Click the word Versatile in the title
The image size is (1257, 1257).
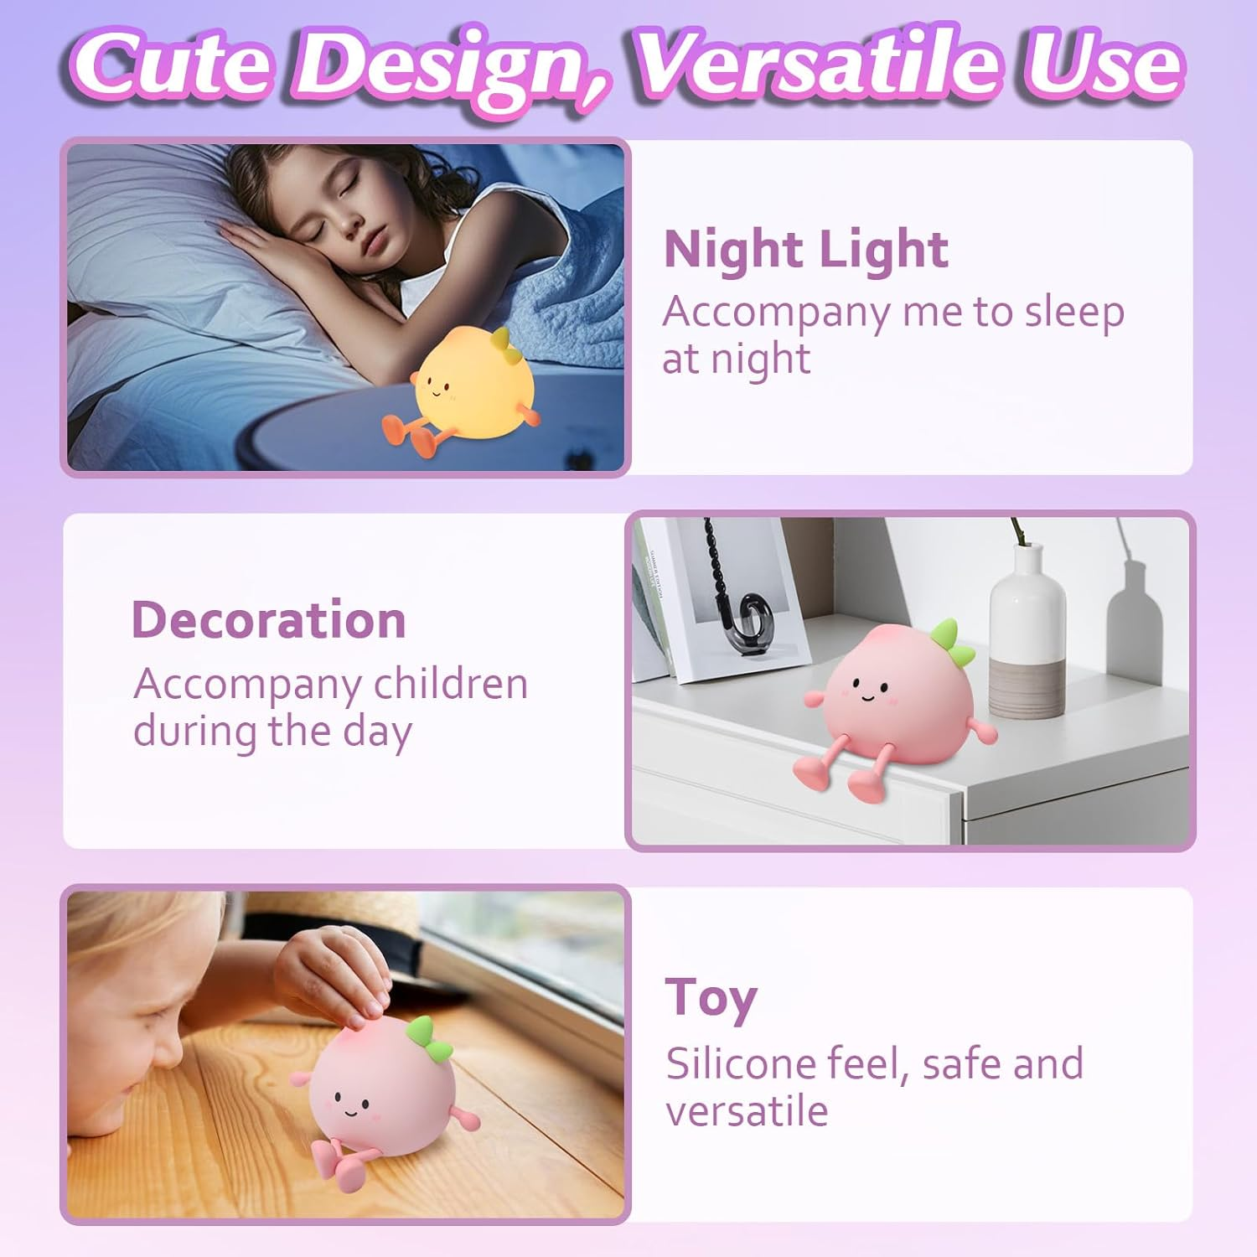click(821, 65)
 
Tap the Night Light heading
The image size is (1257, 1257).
click(805, 249)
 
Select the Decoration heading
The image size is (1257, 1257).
click(268, 620)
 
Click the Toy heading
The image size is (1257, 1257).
click(711, 999)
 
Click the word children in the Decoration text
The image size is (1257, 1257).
click(450, 685)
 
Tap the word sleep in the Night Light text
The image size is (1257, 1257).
click(1074, 313)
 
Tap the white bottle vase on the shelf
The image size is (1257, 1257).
click(1027, 628)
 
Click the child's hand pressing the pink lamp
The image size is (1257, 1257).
click(335, 972)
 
